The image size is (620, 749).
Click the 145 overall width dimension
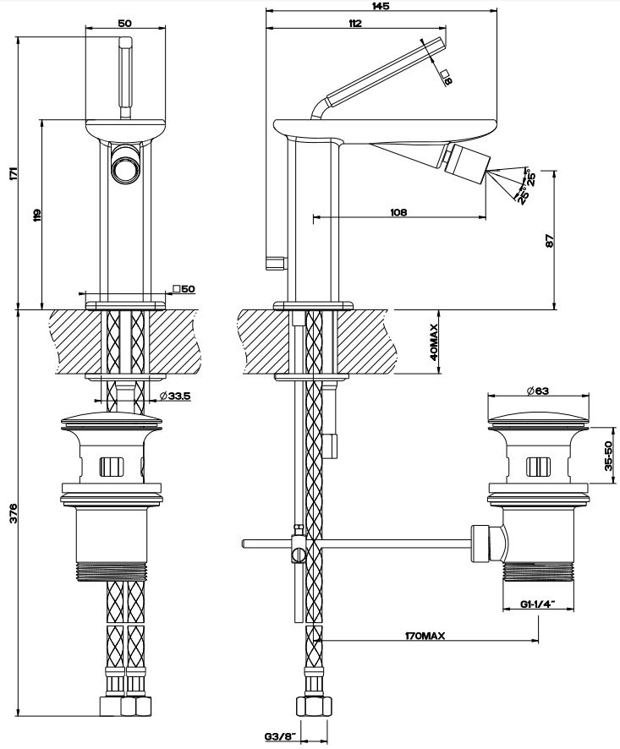[x=355, y=5]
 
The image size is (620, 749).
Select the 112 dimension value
[x=354, y=24]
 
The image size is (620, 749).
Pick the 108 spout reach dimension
[x=398, y=212]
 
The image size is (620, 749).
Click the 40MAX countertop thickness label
[x=432, y=342]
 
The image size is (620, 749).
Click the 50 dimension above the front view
[x=124, y=24]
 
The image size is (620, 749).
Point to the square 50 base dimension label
[x=184, y=289]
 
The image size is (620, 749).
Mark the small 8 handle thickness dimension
[x=447, y=79]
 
